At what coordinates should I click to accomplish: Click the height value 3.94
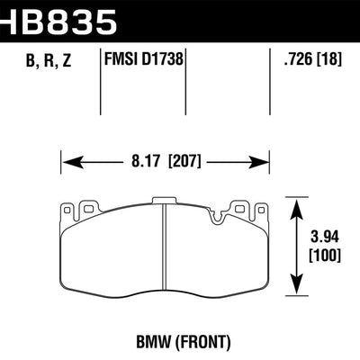tap(323, 238)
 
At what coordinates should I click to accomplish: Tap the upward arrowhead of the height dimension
tap(300, 202)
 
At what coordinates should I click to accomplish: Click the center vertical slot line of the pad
tap(166, 252)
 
